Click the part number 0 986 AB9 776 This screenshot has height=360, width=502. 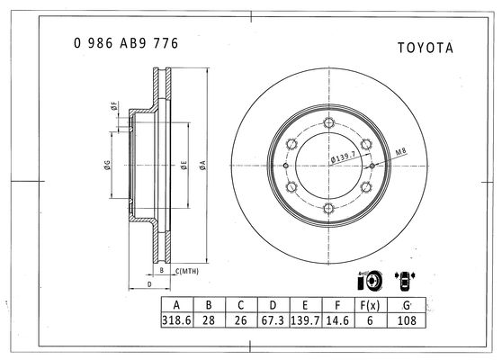point(126,43)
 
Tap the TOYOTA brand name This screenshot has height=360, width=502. point(426,48)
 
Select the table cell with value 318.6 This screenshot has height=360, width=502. point(177,320)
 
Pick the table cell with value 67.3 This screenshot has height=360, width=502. point(273,320)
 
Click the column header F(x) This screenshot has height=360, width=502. point(370,305)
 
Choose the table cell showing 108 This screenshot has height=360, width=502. point(407,320)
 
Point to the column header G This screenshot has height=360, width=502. point(407,305)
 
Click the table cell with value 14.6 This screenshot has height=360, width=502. point(337,320)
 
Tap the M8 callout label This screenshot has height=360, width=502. point(401,151)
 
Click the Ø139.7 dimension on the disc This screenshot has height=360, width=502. point(343,157)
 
